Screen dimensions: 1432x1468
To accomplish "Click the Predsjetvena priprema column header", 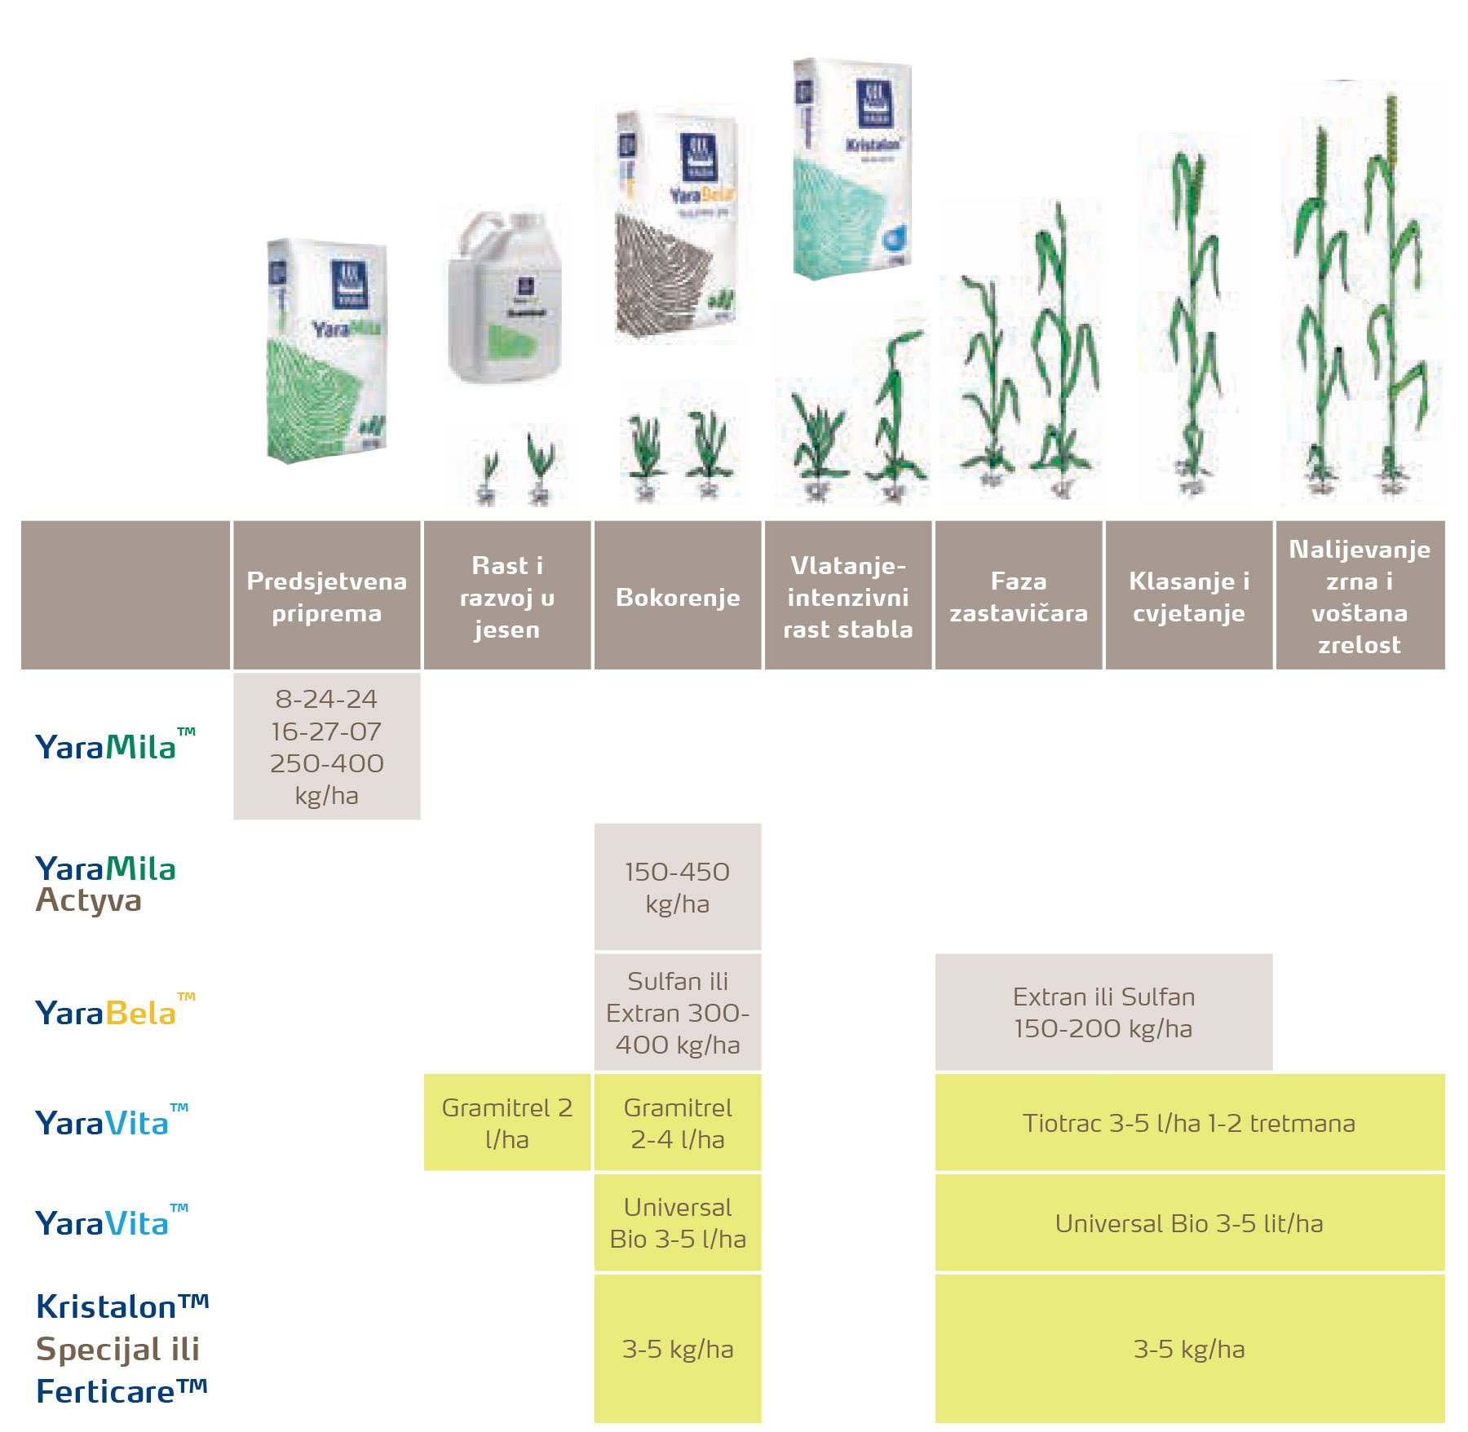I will (326, 596).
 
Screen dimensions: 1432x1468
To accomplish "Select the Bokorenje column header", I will (677, 596).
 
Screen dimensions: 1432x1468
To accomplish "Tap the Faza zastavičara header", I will (1018, 596).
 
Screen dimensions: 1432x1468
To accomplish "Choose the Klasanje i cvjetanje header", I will (1188, 596).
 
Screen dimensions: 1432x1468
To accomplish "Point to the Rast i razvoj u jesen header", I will (506, 596).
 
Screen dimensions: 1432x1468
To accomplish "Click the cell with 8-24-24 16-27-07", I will (326, 746).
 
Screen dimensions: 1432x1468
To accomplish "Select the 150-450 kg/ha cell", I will (677, 887).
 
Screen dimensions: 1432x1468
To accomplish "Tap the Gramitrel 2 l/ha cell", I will (506, 1123).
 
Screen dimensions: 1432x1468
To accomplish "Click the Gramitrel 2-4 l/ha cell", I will (677, 1123).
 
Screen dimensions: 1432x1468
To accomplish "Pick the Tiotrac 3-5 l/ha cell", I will (1188, 1123).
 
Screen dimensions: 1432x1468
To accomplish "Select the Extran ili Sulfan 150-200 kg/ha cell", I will (1103, 1012).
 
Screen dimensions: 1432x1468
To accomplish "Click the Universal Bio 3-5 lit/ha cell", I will (1188, 1223).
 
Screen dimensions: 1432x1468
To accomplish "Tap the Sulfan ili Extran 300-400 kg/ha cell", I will (677, 1012).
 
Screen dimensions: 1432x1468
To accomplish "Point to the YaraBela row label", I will (106, 1013).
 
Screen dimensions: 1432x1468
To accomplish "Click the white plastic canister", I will (506, 298).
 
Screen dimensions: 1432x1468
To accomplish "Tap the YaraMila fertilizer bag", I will (326, 351).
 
